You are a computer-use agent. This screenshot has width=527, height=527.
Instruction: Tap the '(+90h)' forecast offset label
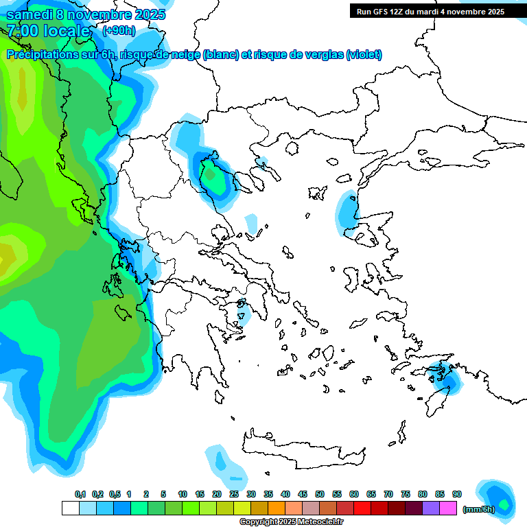click(x=119, y=30)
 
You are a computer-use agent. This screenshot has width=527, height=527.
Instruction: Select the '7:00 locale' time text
click(x=48, y=31)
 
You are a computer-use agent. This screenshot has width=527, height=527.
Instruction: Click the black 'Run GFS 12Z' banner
click(x=429, y=11)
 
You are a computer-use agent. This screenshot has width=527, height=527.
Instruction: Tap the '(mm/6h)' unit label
click(x=478, y=509)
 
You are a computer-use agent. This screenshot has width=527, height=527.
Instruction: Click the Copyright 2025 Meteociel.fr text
click(x=291, y=522)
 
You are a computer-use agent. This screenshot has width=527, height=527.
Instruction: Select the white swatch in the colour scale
click(x=70, y=508)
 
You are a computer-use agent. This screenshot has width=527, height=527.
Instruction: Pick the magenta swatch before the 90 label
click(x=448, y=508)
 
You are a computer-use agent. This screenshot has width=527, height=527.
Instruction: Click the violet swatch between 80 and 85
click(x=431, y=508)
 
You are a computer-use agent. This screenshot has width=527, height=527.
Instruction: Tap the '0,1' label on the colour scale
click(x=80, y=495)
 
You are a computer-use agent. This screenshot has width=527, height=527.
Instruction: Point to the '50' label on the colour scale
click(x=320, y=495)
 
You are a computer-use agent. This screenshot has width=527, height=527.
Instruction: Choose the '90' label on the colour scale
click(x=457, y=495)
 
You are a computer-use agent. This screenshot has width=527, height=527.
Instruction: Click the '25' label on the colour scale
click(x=234, y=495)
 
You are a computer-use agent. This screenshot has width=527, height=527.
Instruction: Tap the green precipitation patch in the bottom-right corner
click(x=504, y=504)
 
